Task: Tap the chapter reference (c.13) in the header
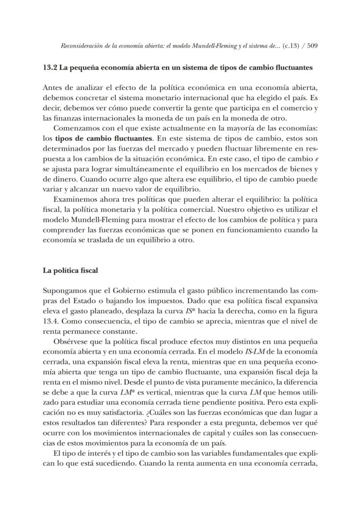291,46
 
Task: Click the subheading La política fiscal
70,270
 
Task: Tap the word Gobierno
134,291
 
